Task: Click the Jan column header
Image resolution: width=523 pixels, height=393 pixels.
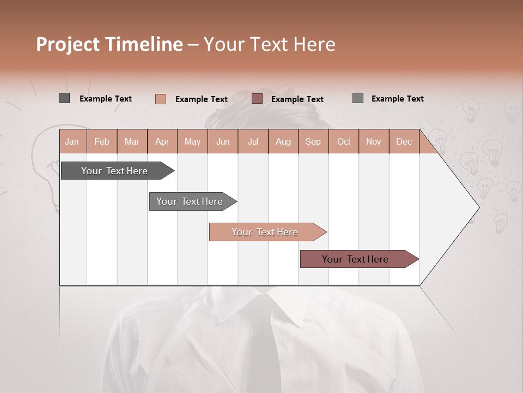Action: click(x=72, y=141)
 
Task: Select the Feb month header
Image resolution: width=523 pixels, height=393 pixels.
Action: click(x=102, y=141)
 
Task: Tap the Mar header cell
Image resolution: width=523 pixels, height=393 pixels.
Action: click(x=132, y=141)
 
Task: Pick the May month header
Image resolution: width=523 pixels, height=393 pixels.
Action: click(x=192, y=141)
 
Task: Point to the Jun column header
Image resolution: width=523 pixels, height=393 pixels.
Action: click(x=223, y=141)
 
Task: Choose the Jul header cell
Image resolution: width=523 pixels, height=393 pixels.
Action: click(x=253, y=141)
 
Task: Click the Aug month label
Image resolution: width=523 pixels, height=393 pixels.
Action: click(x=283, y=141)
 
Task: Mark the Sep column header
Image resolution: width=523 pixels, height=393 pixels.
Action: click(x=313, y=141)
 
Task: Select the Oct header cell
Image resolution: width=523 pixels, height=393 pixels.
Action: click(x=344, y=141)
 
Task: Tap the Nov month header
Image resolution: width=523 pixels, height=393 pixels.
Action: click(x=374, y=141)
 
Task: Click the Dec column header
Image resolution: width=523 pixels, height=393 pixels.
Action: click(x=404, y=141)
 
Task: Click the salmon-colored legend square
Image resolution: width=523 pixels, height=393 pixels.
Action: click(x=161, y=99)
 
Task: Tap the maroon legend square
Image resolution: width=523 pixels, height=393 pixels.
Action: click(x=257, y=99)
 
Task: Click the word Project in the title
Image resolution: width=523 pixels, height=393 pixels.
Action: click(x=68, y=44)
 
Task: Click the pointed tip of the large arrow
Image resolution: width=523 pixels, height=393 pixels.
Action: click(x=478, y=207)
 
